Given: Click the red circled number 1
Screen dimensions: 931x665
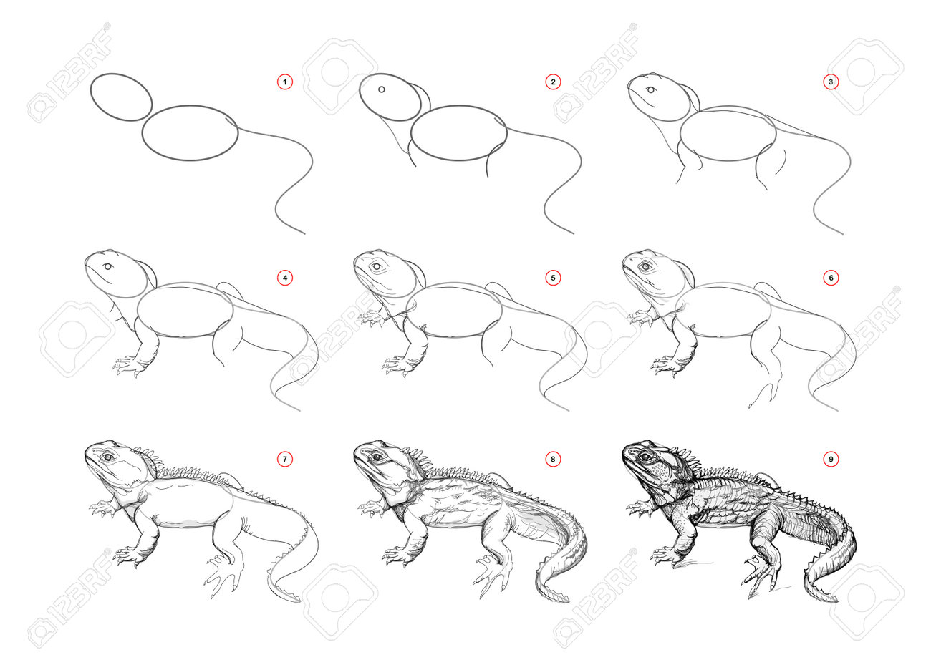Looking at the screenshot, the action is pos(285,82).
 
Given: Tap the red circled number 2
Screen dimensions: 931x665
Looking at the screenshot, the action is pos(553,82).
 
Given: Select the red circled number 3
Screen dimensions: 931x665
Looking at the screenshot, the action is pos(831,82).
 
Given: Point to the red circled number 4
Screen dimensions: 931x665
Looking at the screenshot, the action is pos(285,278).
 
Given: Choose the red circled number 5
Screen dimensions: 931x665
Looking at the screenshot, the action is pos(553,278).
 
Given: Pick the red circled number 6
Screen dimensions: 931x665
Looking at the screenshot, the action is pos(831,278).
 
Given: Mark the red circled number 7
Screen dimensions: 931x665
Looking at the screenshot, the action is pos(285,459).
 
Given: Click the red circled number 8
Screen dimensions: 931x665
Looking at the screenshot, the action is pos(553,459).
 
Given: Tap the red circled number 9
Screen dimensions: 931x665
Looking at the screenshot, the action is pos(831,459).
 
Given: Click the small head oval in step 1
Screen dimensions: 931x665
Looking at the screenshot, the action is pos(91,97).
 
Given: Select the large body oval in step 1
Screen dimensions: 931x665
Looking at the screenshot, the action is pos(143,133).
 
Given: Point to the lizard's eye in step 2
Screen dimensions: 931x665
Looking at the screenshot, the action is pos(382,89).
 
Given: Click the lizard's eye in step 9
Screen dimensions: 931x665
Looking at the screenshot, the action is pos(645,457).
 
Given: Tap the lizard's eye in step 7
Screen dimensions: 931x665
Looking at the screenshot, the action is pos(109,457).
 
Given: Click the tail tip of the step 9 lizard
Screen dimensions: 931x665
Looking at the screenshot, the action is pos(837,600).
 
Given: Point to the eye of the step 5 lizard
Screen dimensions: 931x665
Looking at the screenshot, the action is pos(377,266).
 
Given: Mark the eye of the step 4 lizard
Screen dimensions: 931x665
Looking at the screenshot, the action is pos(108,267).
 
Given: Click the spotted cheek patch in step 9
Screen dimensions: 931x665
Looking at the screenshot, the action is pos(661,472).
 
